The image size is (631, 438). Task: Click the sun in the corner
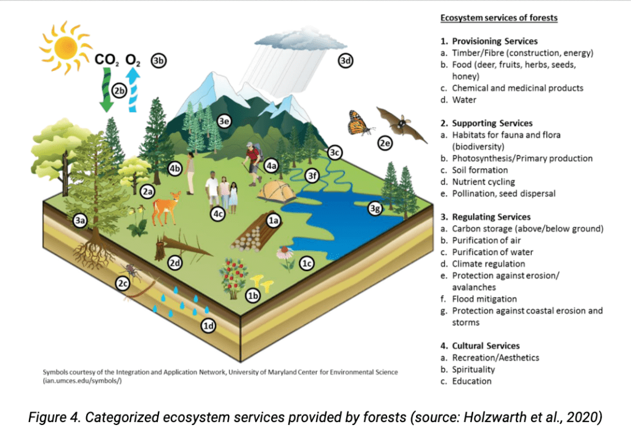click(65, 48)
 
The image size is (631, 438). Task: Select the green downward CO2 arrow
click(107, 90)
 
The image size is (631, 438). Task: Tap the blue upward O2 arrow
click(133, 90)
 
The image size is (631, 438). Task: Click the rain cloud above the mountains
click(300, 40)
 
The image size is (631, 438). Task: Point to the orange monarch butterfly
click(359, 123)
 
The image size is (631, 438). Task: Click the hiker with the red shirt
click(253, 163)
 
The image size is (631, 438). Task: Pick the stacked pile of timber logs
click(251, 236)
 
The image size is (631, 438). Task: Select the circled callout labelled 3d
click(345, 61)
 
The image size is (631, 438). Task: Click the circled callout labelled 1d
click(208, 325)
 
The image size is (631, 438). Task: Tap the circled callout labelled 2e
click(385, 143)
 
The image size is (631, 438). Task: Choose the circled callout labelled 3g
click(375, 208)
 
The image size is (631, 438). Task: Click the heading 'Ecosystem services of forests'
click(499, 18)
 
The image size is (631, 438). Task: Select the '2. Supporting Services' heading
click(487, 123)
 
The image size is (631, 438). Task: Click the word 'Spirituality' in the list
click(473, 369)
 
